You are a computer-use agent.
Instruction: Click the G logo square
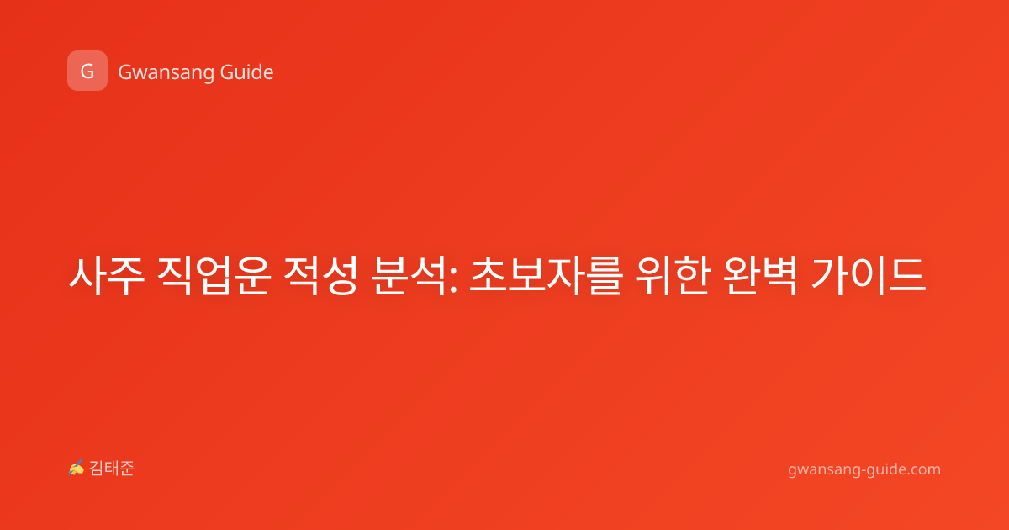coord(87,71)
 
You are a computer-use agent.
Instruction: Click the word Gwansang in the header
coord(166,73)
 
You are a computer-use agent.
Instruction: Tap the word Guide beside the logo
coord(246,72)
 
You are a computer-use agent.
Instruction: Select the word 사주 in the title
coord(106,275)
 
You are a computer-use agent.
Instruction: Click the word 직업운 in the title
coord(214,275)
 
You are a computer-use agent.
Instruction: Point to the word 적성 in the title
coord(320,275)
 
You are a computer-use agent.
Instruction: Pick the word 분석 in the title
coord(409,275)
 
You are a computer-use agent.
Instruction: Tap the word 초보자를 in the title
coord(546,275)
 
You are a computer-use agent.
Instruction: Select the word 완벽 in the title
coord(760,275)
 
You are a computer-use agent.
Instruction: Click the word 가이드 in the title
coord(869,275)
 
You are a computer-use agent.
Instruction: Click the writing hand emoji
coord(77,468)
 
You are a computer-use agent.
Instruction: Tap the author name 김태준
coord(112,469)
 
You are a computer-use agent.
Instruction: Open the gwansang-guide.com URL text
coord(864,469)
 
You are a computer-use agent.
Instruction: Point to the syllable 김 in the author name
coord(97,469)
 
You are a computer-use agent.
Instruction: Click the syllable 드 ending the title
coord(906,275)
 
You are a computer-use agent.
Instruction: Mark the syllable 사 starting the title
coord(87,275)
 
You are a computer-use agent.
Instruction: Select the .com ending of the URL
coord(922,469)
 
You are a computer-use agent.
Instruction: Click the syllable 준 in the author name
coord(127,469)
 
